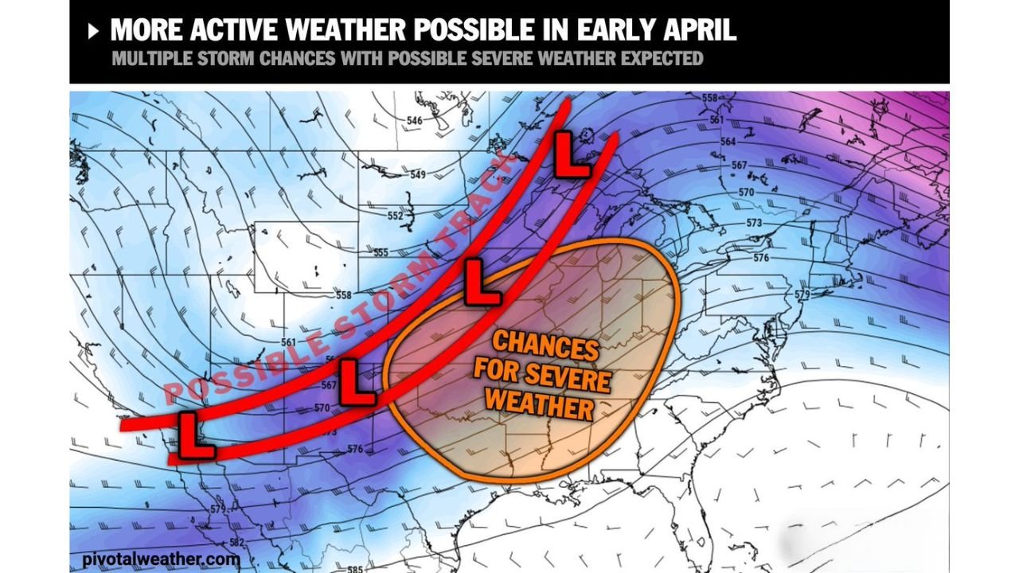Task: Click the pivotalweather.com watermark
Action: pos(160,559)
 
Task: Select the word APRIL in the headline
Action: pos(697,29)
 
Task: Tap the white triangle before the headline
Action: pos(94,31)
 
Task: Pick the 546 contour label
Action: pos(414,121)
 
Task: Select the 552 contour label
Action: pos(396,216)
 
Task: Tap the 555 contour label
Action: pos(380,253)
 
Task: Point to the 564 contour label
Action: pos(727,142)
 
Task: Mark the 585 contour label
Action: pos(353,568)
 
